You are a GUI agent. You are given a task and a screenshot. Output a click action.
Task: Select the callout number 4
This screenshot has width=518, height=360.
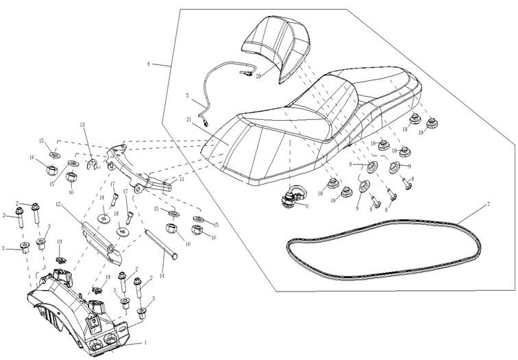(149, 64)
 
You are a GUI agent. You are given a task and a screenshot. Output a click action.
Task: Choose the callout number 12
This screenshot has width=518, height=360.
(59, 204)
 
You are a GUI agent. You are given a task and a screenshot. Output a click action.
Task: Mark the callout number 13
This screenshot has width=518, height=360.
(82, 125)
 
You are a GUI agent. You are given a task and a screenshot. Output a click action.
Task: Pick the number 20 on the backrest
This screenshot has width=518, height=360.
(258, 76)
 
